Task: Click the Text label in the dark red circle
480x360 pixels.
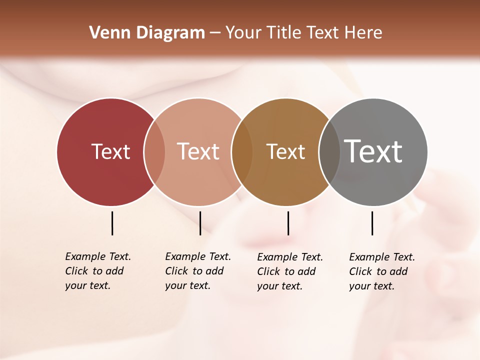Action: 110,151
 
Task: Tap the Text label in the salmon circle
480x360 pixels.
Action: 198,151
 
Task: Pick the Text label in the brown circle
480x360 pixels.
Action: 285,151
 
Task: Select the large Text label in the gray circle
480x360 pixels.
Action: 373,151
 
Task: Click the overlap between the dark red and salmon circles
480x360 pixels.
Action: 154,152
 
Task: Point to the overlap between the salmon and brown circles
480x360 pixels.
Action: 242,152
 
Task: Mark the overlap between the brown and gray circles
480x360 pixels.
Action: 329,152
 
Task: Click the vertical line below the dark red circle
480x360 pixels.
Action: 112,223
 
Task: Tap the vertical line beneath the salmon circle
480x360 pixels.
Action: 200,223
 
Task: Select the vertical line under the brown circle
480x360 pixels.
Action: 288,223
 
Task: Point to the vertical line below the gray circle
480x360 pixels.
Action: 372,223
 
